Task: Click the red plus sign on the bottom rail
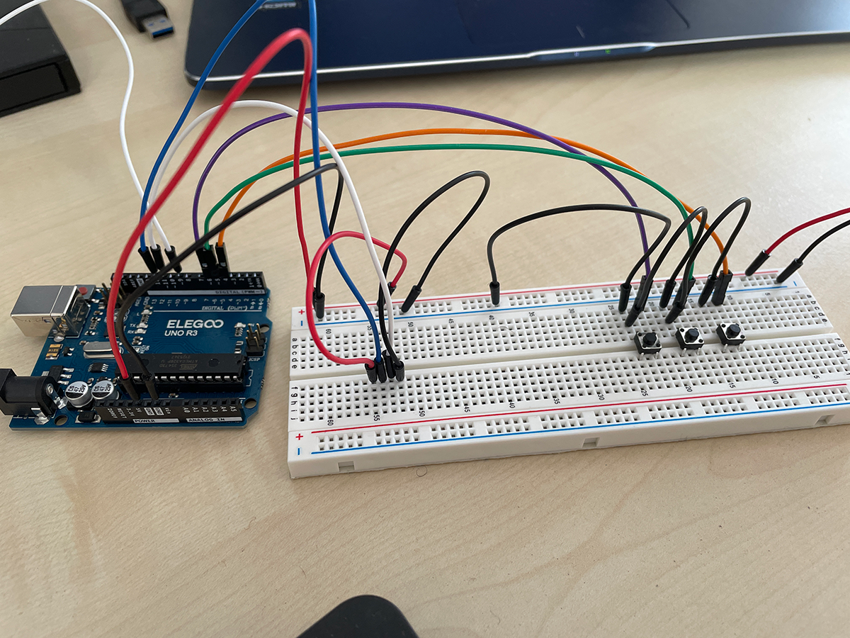[299, 437]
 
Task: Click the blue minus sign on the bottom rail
[300, 451]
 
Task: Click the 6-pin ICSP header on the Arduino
[255, 338]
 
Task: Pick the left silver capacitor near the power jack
[80, 393]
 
